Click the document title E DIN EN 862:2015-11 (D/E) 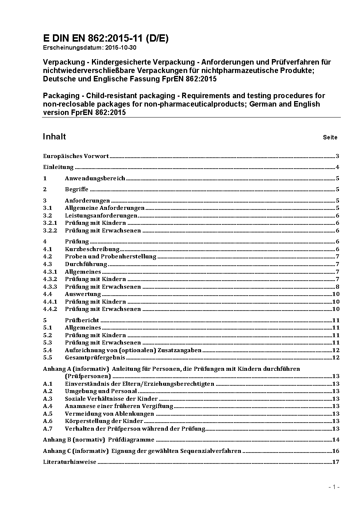tap(105, 39)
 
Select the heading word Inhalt tap(54, 136)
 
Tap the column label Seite tap(330, 138)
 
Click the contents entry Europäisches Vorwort tap(76, 156)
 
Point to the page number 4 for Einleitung tap(338, 168)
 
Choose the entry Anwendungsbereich tap(95, 178)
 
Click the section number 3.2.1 tap(50, 223)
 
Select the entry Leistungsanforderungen tap(101, 216)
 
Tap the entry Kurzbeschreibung tap(92, 249)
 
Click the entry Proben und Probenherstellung tap(110, 257)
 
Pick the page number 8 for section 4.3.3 tap(338, 287)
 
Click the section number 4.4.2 tap(50, 309)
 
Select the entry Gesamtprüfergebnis tap(95, 358)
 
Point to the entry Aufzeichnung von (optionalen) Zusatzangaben tap(133, 350)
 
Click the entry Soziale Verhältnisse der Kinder tap(111, 399)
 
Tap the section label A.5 tap(48, 414)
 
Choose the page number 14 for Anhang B tap(336, 440)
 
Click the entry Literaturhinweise tap(70, 462)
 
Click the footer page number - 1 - tap(334, 487)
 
